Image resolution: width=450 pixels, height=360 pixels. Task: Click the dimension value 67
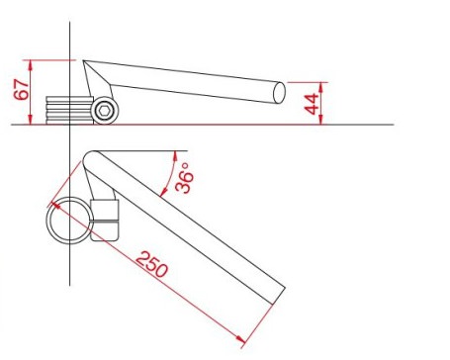[22, 89]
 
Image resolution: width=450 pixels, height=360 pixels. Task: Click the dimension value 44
[312, 104]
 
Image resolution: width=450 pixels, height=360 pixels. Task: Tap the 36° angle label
[184, 177]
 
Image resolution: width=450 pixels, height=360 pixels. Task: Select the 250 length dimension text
[152, 264]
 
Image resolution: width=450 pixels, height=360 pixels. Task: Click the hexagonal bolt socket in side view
[105, 111]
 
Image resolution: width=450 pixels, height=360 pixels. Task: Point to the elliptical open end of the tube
[279, 93]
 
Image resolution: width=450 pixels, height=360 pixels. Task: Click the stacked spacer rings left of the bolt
[69, 110]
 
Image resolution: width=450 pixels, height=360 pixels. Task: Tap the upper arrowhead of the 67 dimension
[31, 65]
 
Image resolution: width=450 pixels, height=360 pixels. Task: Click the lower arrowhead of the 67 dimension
[31, 120]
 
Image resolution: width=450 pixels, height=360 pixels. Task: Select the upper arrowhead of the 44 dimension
[321, 87]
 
